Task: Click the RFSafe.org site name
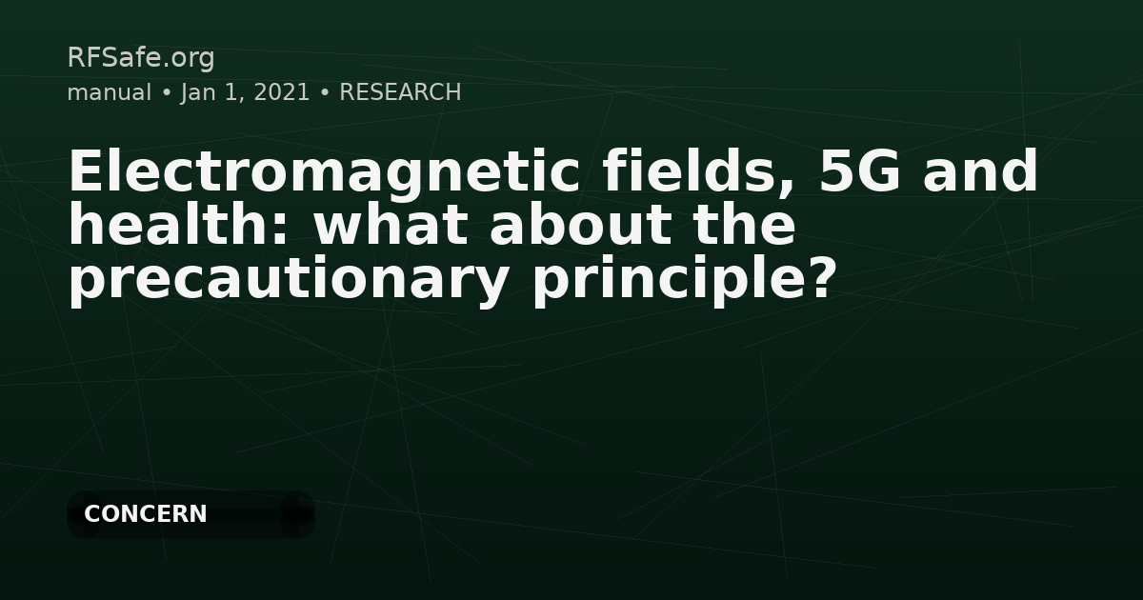click(140, 58)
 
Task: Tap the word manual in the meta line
click(109, 92)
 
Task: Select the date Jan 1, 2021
click(245, 92)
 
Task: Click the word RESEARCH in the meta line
click(400, 92)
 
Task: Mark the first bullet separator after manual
click(166, 93)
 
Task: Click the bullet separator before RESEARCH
click(325, 93)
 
